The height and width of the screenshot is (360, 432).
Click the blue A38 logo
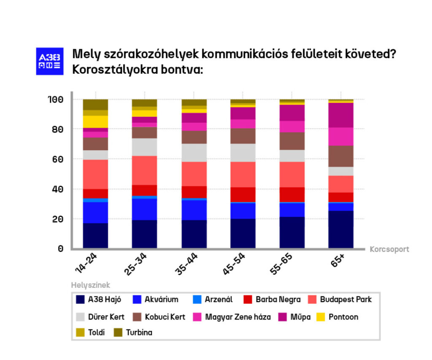click(x=50, y=61)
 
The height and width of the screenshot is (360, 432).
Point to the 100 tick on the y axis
click(x=55, y=100)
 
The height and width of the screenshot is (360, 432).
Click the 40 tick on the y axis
click(x=57, y=189)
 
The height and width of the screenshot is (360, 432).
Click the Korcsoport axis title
click(x=389, y=249)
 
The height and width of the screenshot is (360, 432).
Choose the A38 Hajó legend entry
click(x=99, y=300)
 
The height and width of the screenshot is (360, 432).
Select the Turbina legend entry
click(x=133, y=332)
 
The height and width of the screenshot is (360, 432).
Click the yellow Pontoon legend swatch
click(x=321, y=317)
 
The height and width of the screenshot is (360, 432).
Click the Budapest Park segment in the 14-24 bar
click(x=95, y=174)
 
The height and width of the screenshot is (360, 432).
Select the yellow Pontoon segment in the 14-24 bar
click(x=95, y=122)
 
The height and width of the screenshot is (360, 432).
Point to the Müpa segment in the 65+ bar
click(x=341, y=115)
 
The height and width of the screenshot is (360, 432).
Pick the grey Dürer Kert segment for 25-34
click(x=144, y=147)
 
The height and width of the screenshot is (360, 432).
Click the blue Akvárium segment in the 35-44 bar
click(x=194, y=210)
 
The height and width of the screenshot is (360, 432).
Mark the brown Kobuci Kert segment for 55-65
click(x=292, y=141)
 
